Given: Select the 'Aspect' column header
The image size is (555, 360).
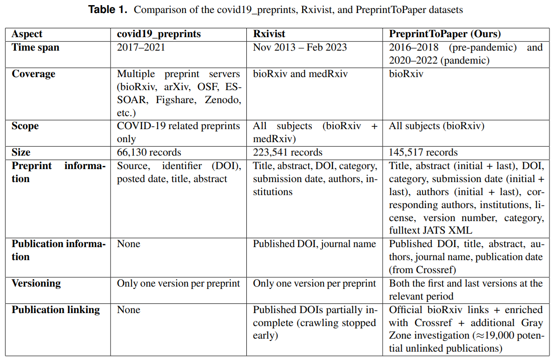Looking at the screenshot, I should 27,34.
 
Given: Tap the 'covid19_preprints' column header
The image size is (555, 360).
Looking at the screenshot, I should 159,34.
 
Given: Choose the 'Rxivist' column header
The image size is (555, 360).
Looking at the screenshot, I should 269,34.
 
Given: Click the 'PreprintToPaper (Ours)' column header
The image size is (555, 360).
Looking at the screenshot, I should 445,34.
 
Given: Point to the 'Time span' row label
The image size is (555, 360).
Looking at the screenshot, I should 35,47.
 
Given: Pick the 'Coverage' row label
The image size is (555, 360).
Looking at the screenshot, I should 33,74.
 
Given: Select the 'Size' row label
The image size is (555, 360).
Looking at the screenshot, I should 21,152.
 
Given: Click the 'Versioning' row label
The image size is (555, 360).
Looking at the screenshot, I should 36,283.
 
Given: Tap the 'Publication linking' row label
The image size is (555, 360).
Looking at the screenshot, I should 56,310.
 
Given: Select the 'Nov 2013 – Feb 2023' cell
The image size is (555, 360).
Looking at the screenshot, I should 300,47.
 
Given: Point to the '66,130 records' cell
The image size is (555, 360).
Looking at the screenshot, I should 149,152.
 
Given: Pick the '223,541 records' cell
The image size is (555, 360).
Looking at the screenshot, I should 288,152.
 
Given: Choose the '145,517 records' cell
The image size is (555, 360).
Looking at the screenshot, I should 423,152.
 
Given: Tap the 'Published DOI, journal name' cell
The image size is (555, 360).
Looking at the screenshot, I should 314,244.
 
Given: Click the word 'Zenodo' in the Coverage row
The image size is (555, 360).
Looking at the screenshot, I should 225,100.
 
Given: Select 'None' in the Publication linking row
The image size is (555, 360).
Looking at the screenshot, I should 128,310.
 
